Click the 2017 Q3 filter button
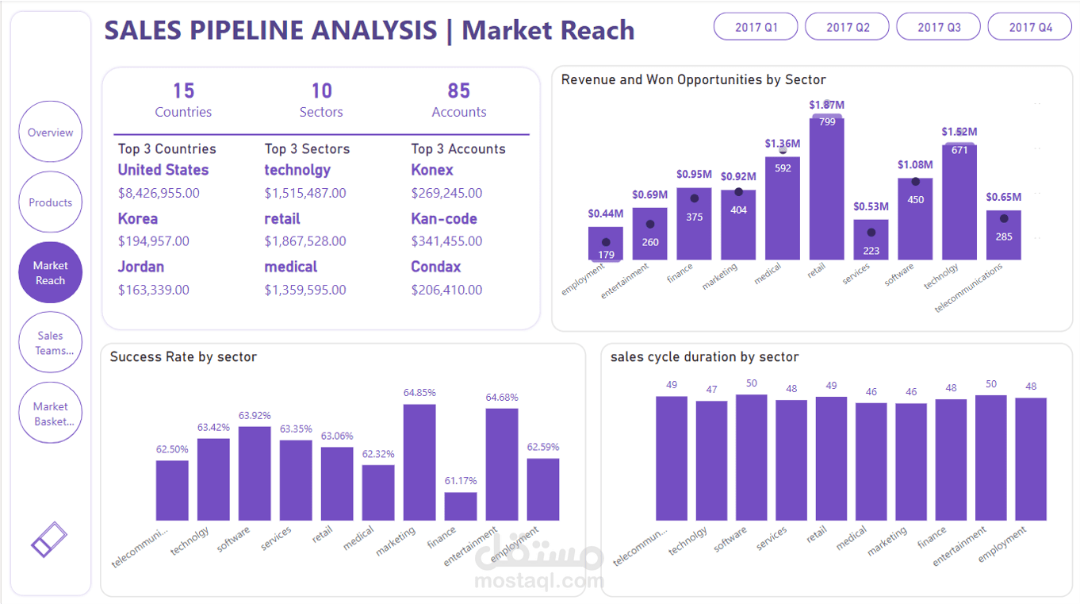point(939,27)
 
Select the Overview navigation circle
point(50,133)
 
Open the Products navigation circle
point(50,202)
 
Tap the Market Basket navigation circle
point(50,414)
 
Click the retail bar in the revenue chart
point(826,190)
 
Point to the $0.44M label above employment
point(606,214)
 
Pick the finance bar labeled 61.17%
point(460,506)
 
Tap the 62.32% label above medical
point(377,454)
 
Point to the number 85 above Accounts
point(458,91)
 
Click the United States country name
point(163,170)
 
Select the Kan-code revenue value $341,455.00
point(446,241)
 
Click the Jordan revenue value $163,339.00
point(154,290)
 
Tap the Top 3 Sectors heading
point(307,149)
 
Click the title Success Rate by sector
point(183,357)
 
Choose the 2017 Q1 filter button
point(756,27)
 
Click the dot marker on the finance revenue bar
point(695,198)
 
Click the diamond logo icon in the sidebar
point(49,539)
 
